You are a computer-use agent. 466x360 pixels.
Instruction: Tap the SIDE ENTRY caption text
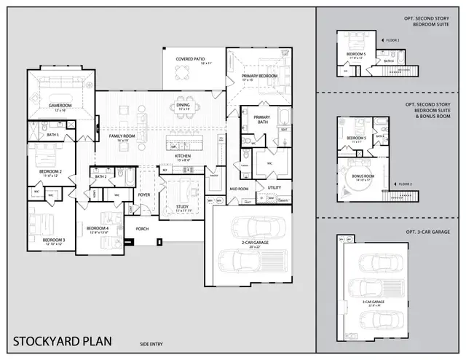coord(151,343)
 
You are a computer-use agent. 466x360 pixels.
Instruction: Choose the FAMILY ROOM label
coord(122,136)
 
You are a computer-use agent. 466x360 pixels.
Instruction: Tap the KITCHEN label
coord(183,156)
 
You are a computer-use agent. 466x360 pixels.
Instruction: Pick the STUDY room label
coord(183,206)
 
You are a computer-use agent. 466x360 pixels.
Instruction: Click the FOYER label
coord(144,195)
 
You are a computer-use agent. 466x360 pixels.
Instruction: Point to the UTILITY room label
coord(274,187)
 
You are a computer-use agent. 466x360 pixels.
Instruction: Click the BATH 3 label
coord(52,134)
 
